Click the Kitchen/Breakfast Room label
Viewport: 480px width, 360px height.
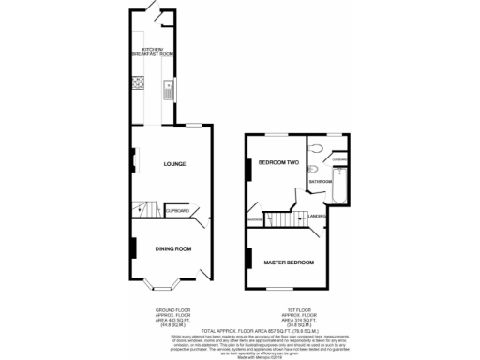(157, 52)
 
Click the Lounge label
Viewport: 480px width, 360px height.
(173, 164)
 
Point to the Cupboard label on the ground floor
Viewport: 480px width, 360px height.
(178, 212)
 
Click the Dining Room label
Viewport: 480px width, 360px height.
(173, 248)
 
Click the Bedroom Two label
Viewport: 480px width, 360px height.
(278, 161)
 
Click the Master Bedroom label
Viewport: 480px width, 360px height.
(288, 262)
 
